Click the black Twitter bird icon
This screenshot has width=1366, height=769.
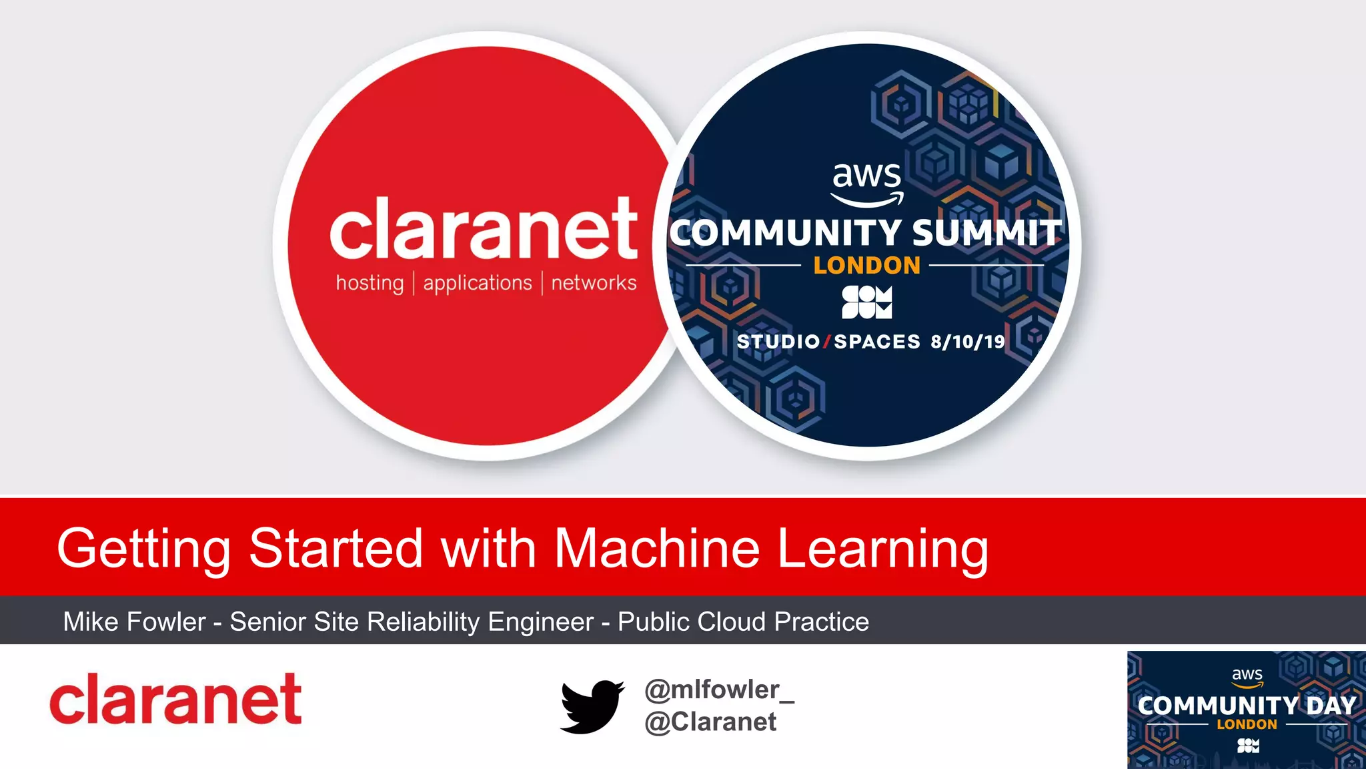point(592,706)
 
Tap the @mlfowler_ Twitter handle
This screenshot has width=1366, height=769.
point(719,690)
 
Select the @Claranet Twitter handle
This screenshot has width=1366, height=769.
point(710,722)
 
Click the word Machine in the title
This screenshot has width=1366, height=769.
point(657,549)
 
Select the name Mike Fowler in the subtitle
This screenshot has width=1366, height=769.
point(134,622)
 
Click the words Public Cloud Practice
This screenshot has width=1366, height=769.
point(743,622)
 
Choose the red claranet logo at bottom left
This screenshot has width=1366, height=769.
point(175,699)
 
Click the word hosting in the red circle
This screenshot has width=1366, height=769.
point(370,283)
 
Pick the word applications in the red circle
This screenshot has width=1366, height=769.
point(478,283)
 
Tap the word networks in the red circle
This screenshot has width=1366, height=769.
point(594,283)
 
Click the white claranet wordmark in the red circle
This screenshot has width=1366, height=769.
point(484,229)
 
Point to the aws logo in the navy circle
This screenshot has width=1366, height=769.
point(867,182)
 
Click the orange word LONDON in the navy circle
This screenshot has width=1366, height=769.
point(867,266)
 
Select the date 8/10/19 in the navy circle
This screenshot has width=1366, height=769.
point(968,342)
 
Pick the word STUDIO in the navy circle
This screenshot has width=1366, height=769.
point(778,342)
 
